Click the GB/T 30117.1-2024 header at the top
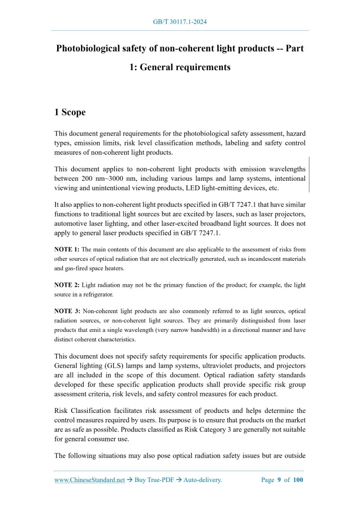click(x=180, y=21)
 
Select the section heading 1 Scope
click(x=70, y=112)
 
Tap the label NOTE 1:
click(x=66, y=249)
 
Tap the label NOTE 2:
click(x=66, y=285)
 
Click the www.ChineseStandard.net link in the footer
click(x=89, y=480)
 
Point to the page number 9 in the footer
click(x=279, y=480)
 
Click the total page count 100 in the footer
click(x=298, y=480)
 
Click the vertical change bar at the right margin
click(x=309, y=175)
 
